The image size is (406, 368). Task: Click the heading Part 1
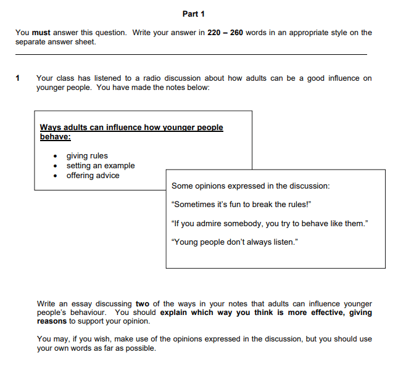pyautogui.click(x=194, y=14)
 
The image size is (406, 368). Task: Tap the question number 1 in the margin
pyautogui.click(x=18, y=78)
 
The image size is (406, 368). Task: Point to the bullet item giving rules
pyautogui.click(x=87, y=156)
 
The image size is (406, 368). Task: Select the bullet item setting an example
pyautogui.click(x=101, y=166)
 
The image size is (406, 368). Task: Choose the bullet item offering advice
pyautogui.click(x=93, y=176)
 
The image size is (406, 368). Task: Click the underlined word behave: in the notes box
pyautogui.click(x=56, y=136)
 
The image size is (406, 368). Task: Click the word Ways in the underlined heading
pyautogui.click(x=51, y=128)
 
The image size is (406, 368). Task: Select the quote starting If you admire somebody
pyautogui.click(x=270, y=223)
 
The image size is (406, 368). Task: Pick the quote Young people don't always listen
pyautogui.click(x=234, y=242)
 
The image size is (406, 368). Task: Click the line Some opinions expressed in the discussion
pyautogui.click(x=251, y=186)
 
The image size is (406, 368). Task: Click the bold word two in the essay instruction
pyautogui.click(x=142, y=304)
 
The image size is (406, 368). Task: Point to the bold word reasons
pyautogui.click(x=52, y=321)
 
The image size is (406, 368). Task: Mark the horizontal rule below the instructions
pyautogui.click(x=191, y=55)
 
